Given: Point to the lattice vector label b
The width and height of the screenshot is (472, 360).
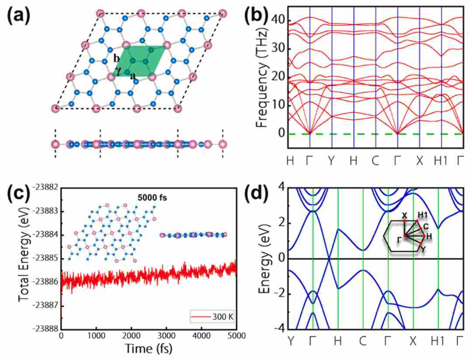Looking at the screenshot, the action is pos(117,59).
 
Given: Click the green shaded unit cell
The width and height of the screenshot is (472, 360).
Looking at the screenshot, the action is pos(140,61).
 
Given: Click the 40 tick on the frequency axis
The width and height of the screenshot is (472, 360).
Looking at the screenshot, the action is pos(278,20).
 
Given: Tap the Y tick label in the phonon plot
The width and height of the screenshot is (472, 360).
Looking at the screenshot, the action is pos(331,161).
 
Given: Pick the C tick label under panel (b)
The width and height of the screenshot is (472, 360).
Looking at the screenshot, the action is pos(375,161).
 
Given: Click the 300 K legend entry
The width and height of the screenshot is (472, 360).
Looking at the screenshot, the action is pos(212,317).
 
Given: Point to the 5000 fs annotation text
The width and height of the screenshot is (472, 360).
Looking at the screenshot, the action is pos(152,197).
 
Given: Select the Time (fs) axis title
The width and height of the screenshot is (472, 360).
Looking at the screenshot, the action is pos(149,348).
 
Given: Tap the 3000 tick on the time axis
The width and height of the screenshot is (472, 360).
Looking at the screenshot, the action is pos(166,335).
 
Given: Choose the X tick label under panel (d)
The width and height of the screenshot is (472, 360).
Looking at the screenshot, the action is pos(413,341).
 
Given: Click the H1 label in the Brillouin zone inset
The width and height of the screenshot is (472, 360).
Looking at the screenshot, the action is pos(423,215).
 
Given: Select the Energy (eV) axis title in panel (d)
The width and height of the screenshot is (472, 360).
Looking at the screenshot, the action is pos(265,259).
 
